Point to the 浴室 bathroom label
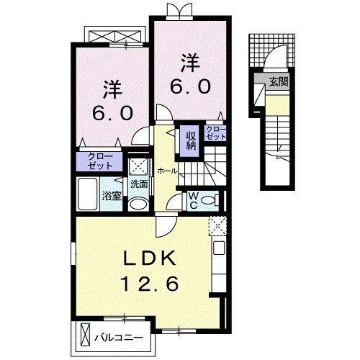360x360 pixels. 111,195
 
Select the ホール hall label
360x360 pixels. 166,171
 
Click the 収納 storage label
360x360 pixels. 192,140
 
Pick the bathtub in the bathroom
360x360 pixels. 86,194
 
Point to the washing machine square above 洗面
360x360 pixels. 138,164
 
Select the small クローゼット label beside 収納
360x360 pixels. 215,132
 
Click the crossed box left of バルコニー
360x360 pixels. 86,336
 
